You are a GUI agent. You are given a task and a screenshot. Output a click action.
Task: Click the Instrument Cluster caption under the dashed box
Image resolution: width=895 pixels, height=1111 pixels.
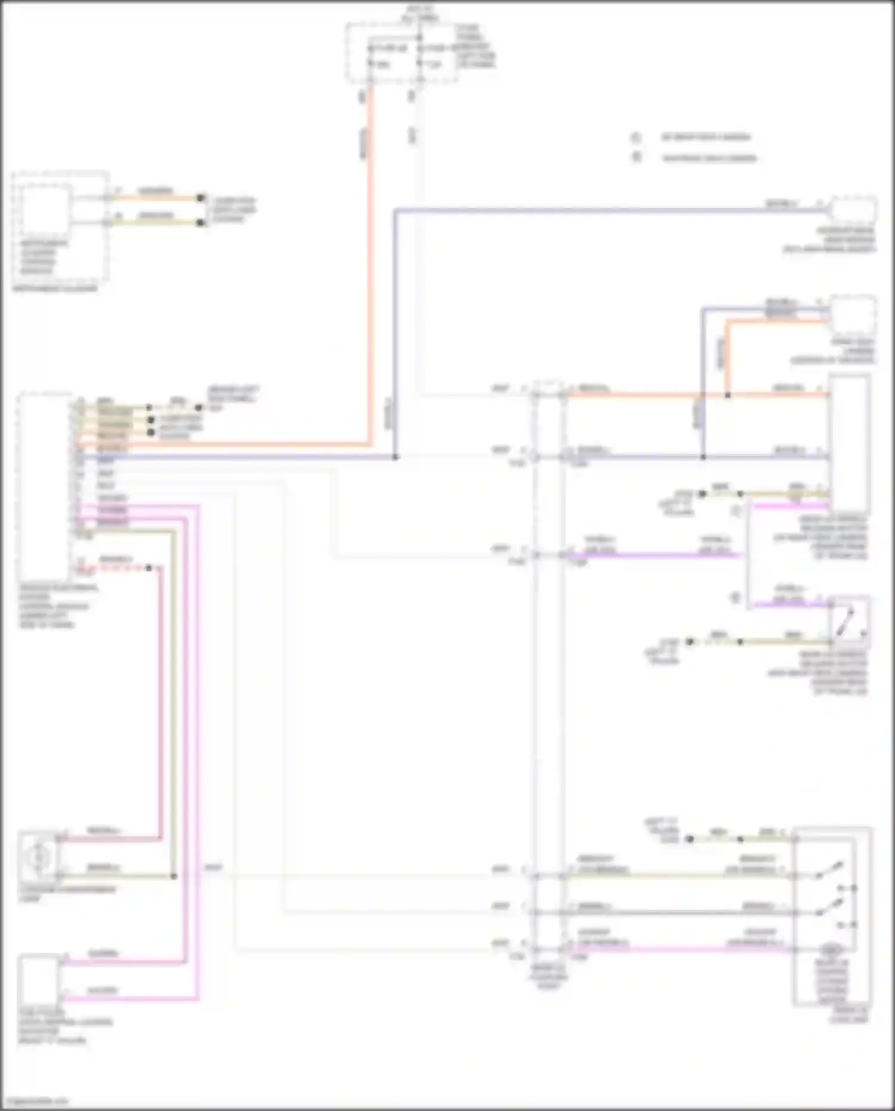[54, 289]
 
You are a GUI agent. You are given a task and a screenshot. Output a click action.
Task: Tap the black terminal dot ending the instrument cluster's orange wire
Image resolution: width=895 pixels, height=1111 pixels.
[201, 198]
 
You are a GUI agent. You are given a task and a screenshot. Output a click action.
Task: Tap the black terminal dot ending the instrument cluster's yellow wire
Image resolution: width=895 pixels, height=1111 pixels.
[201, 223]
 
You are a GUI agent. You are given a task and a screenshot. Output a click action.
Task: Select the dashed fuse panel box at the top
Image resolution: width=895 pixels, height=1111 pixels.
[401, 53]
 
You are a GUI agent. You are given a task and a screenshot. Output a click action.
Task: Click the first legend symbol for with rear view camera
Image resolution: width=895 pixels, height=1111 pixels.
[636, 138]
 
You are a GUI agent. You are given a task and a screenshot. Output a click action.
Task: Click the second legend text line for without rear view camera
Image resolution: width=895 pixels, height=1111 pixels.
[709, 158]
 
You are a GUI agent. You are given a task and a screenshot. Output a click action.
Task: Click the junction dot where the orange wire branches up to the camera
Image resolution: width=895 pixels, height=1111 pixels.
[727, 395]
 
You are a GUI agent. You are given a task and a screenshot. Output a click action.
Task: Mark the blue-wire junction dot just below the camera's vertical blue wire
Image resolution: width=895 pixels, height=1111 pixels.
[703, 457]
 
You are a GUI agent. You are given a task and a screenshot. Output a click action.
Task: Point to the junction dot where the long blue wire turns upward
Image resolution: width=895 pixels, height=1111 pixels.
[395, 457]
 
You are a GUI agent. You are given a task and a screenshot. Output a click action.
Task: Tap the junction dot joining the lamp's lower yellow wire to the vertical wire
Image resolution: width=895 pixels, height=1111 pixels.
[174, 876]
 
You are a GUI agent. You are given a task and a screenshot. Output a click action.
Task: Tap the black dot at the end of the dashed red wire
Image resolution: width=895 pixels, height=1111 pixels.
[149, 568]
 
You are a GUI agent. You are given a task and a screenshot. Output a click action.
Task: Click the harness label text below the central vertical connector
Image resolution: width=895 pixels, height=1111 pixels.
[548, 977]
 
